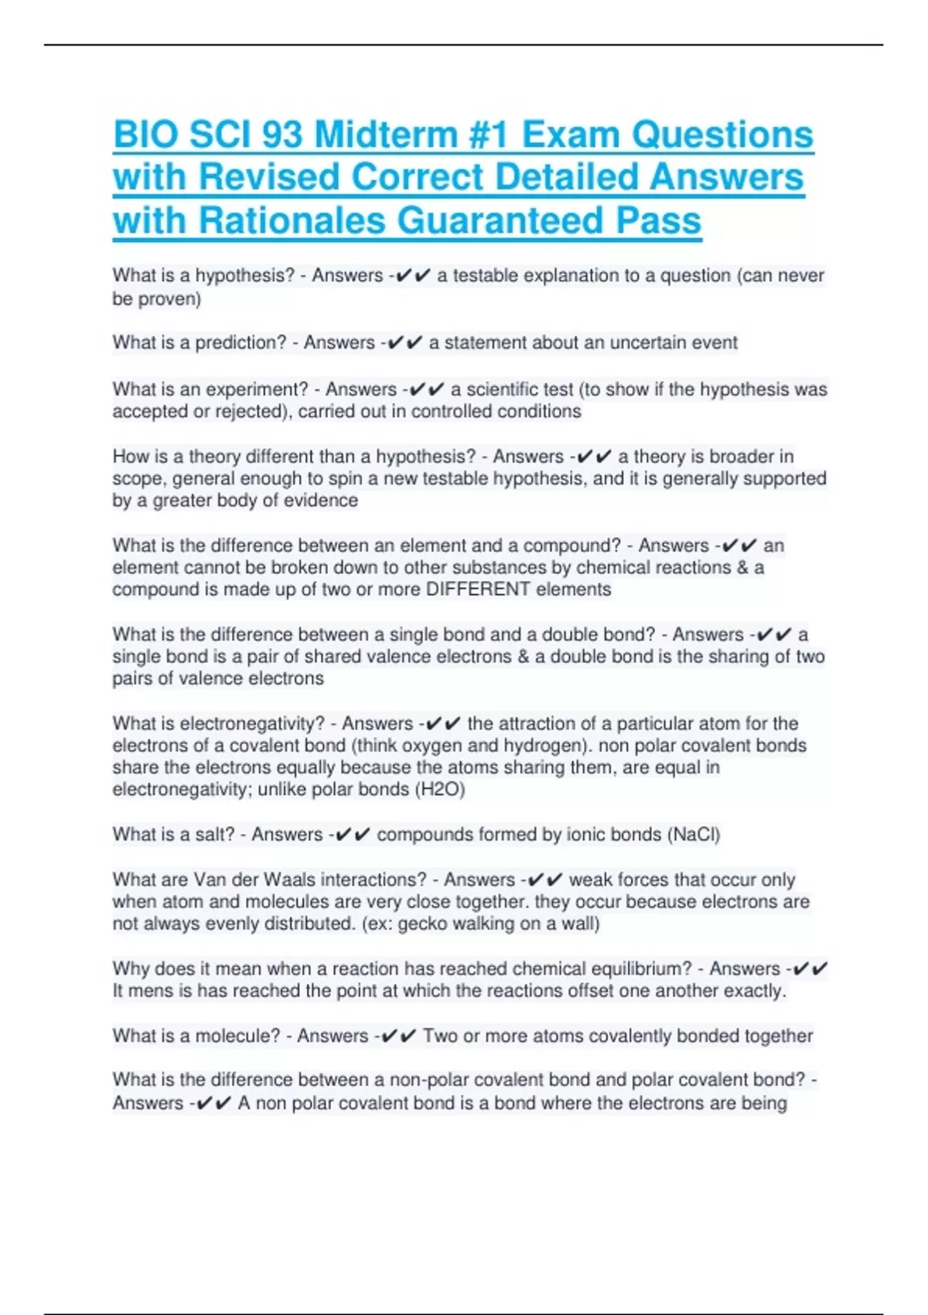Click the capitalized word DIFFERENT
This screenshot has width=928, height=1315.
(477, 589)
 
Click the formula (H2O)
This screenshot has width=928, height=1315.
(440, 790)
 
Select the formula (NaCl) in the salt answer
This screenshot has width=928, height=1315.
(694, 835)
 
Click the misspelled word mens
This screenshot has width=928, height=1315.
(152, 991)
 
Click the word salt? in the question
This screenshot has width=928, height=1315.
(216, 835)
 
